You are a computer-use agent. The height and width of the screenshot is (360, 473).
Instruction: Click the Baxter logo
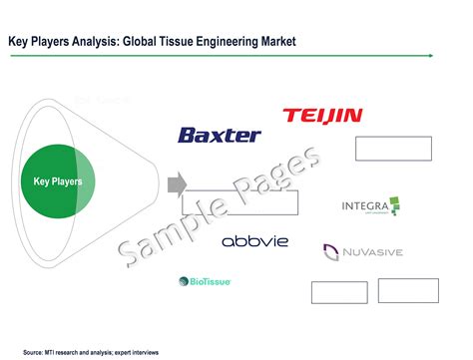coord(219,135)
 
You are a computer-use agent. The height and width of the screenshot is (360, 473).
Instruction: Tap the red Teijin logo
coord(322,117)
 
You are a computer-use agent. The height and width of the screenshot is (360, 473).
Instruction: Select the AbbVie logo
coord(254,242)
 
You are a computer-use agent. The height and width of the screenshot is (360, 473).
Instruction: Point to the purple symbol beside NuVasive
coord(330,251)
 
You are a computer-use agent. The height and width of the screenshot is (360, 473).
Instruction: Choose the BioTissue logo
coord(204,282)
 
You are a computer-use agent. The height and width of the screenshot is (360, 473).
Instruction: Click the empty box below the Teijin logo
coord(393,149)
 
